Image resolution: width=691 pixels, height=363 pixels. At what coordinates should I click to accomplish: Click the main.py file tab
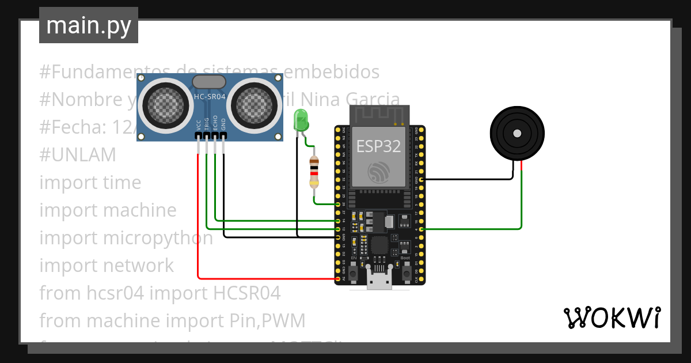pos(89,25)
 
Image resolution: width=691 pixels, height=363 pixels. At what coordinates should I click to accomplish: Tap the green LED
pos(301,120)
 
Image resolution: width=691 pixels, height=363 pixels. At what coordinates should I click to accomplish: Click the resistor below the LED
pos(314,172)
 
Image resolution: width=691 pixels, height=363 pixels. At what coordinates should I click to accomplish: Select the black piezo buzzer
pos(517,134)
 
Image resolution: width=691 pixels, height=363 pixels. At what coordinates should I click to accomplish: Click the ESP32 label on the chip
pos(378,146)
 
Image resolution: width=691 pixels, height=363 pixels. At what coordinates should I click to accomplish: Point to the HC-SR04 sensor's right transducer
pos(254,104)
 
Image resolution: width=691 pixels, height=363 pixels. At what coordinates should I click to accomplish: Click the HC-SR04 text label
pos(210,97)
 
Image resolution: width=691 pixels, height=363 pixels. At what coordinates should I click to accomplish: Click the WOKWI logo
pos(612,317)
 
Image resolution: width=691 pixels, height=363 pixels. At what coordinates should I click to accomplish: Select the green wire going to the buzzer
pos(522,202)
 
